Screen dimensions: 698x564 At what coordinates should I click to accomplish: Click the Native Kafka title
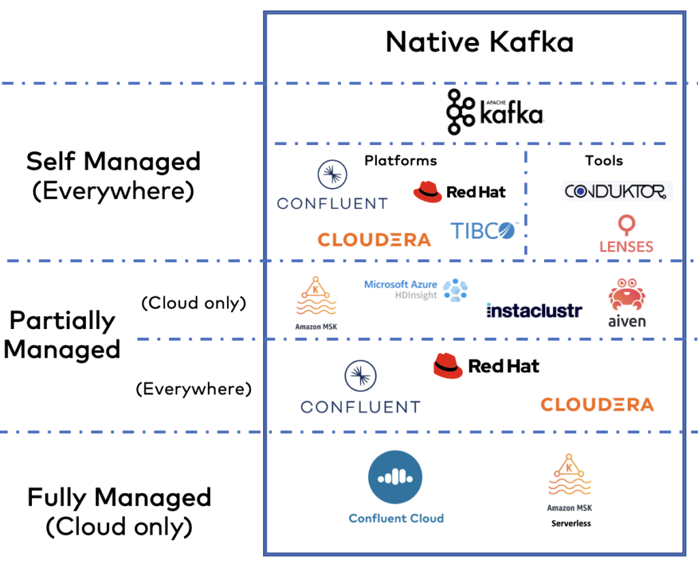(479, 42)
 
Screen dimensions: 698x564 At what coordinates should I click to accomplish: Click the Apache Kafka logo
(494, 112)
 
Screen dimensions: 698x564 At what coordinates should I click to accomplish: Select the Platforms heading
(401, 161)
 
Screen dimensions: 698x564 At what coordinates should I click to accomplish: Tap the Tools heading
(603, 161)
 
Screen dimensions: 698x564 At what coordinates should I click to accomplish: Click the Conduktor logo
(617, 191)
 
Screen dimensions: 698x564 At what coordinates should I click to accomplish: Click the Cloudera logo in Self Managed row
(374, 240)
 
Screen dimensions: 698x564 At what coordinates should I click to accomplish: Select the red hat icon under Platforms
(427, 191)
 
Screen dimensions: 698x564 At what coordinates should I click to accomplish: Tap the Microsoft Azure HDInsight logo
(416, 289)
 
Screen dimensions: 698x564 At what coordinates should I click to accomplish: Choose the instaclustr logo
(534, 311)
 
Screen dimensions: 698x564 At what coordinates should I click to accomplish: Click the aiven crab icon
(626, 295)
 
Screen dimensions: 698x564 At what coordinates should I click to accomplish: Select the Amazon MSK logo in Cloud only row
(315, 302)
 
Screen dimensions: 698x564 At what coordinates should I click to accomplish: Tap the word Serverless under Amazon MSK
(571, 523)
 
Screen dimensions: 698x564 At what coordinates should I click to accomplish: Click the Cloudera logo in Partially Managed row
(597, 405)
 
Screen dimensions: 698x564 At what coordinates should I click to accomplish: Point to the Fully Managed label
(119, 497)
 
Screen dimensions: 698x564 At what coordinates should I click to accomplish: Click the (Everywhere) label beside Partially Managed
(194, 389)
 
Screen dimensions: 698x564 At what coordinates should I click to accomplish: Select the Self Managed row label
(113, 162)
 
